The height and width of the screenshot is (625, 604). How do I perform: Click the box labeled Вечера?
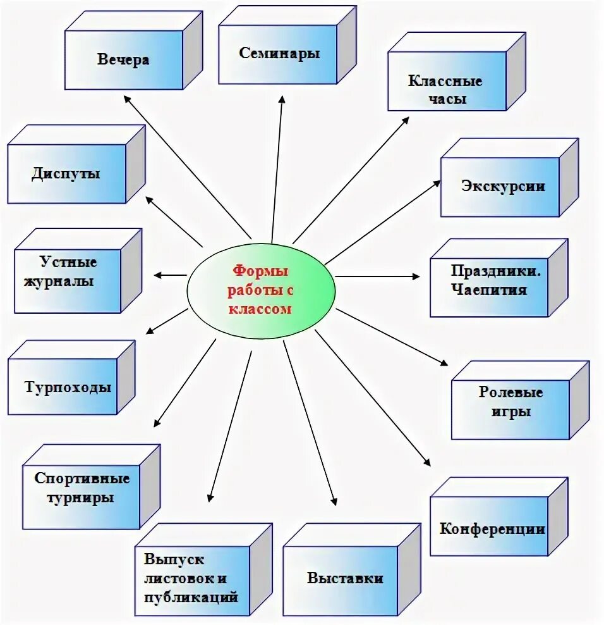pos(124,60)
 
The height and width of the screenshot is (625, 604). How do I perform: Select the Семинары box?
pos(279,54)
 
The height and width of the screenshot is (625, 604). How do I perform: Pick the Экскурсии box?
pos(502,187)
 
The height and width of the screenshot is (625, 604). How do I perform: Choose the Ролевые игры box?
pos(510,402)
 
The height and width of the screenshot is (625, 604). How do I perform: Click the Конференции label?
pos(492,529)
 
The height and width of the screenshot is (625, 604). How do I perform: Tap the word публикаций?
pos(191,596)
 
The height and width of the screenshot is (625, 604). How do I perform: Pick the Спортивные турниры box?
pos(82,488)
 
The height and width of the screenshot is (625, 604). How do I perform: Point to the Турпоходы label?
pos(68,387)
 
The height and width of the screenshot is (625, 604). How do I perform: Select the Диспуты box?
pos(66,173)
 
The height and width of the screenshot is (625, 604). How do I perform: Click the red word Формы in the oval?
pos(260,271)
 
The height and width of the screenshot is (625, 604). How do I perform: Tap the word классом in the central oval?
pos(260,309)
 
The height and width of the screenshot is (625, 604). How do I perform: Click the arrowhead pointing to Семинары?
pos(282,99)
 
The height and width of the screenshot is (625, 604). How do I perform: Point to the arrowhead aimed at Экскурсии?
pos(437,182)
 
